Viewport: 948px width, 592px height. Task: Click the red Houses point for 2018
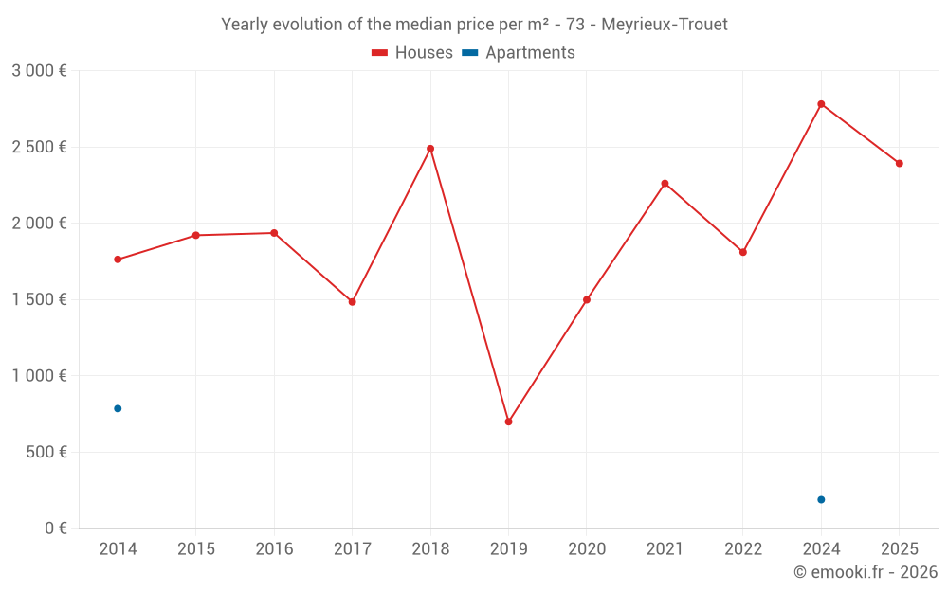(430, 149)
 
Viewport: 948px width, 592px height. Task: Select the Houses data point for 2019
(508, 422)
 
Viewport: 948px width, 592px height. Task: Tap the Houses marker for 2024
(821, 104)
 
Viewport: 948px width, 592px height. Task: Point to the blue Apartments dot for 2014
(118, 409)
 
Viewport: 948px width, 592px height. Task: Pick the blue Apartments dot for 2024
(821, 499)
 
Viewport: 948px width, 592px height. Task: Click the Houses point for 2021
(665, 184)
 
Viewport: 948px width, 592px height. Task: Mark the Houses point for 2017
(353, 302)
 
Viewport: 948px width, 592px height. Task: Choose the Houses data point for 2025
(900, 164)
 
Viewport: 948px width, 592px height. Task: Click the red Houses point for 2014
(118, 260)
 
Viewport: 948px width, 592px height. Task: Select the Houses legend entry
(412, 52)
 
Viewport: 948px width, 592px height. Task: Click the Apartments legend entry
(519, 52)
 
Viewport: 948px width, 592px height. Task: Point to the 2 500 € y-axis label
(39, 147)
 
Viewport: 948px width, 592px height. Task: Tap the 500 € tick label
(46, 452)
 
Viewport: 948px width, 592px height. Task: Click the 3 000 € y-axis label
(39, 71)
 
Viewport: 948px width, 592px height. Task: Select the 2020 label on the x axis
(587, 548)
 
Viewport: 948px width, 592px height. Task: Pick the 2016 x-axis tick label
(274, 548)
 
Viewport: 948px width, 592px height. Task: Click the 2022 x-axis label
(743, 548)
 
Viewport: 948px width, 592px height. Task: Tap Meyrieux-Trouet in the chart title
(665, 25)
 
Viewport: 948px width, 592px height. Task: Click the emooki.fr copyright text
(866, 571)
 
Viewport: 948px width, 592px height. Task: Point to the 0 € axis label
(56, 528)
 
